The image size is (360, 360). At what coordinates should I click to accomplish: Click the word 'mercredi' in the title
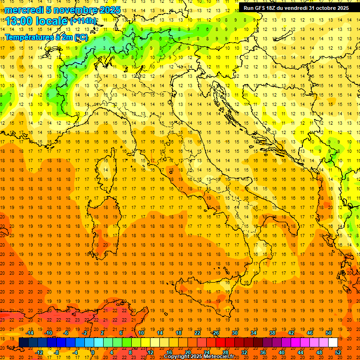tap(24, 10)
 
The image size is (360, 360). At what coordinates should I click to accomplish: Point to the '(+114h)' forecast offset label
tap(83, 21)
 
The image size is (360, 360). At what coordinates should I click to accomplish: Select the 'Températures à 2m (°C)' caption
tap(46, 37)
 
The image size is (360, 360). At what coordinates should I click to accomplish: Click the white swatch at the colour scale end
tap(333, 343)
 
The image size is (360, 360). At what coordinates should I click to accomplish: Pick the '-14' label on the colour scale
tap(30, 333)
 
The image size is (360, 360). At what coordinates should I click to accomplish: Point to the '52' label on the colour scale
tap(338, 352)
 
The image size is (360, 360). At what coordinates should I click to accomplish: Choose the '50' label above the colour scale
tap(329, 333)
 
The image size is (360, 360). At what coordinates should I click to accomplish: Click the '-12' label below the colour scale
tap(39, 352)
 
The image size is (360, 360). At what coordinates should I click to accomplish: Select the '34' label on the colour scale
tap(254, 333)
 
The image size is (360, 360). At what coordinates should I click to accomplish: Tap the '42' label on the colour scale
tap(291, 333)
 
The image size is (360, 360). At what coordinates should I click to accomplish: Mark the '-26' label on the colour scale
tap(216, 333)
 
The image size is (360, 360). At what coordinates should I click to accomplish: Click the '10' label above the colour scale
tap(141, 333)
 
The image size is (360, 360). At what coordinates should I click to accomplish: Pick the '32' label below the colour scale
tap(244, 352)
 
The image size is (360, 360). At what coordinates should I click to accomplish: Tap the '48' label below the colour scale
tap(319, 352)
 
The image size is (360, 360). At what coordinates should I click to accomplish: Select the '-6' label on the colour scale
tap(66, 333)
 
